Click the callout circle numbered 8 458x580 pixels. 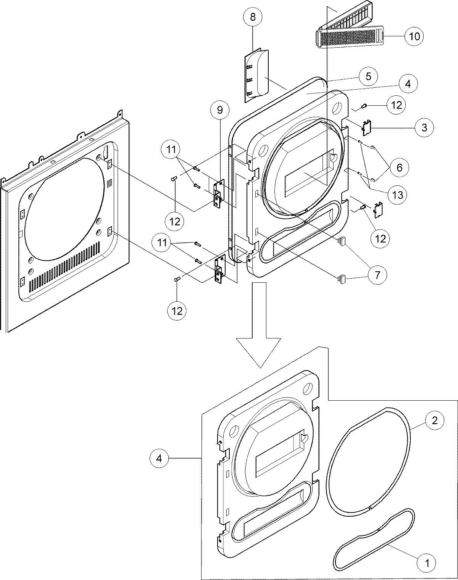coord(253,17)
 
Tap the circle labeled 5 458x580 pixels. coord(368,76)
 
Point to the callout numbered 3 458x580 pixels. coord(424,127)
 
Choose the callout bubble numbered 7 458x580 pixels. coord(377,275)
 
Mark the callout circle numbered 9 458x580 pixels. coord(219,110)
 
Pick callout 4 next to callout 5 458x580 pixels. coord(408,84)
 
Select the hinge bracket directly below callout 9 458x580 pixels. coord(219,194)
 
